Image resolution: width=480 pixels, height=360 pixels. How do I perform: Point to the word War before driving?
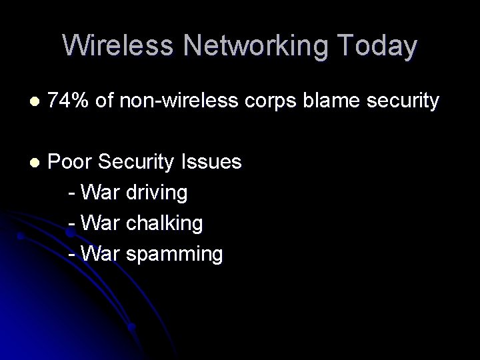99,193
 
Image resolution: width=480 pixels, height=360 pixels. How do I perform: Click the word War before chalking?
99,223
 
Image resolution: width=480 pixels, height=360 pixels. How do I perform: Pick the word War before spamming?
99,253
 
